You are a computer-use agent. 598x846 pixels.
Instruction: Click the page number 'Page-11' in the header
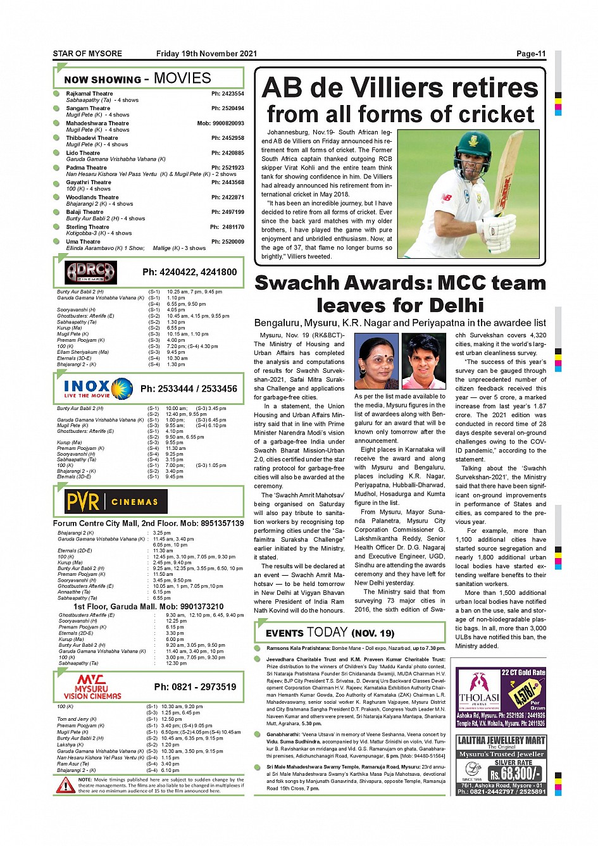tap(530, 54)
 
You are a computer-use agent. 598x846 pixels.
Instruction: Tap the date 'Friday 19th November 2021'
tap(206, 54)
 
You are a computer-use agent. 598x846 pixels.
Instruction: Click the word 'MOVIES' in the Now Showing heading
tap(182, 78)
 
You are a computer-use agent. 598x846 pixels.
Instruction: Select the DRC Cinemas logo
tap(91, 273)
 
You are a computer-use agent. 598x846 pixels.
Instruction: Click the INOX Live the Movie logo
tap(97, 388)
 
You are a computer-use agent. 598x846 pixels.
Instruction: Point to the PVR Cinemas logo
tap(115, 502)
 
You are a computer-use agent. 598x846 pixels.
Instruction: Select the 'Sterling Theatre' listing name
tap(87, 227)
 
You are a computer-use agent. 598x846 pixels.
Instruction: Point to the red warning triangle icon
tap(65, 785)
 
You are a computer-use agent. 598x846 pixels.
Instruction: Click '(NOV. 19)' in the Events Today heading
tap(373, 633)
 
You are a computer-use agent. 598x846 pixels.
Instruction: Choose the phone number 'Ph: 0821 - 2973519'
tap(195, 687)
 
